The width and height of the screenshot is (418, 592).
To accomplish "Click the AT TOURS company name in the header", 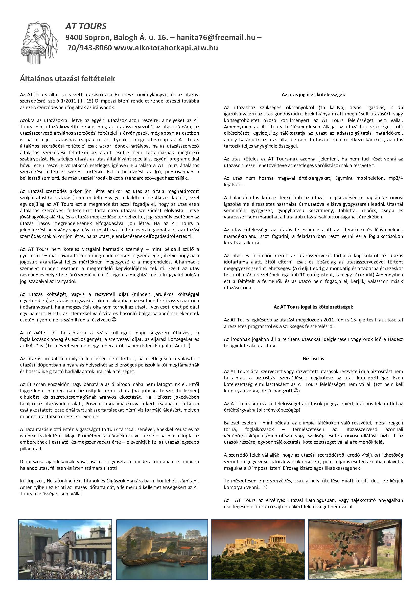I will (86, 26).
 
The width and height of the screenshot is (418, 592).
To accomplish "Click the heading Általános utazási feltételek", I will (67, 79).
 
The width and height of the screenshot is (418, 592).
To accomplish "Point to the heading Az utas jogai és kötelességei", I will (313, 95).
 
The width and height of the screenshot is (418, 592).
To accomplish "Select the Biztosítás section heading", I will (313, 358).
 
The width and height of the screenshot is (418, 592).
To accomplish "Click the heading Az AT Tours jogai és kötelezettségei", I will (313, 307).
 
